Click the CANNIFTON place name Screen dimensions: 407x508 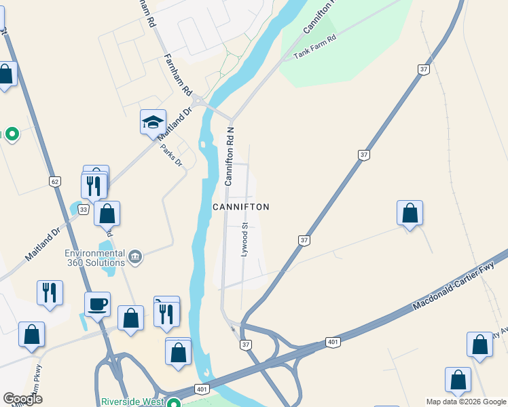(x=241, y=207)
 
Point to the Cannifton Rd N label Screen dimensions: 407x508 (x=230, y=155)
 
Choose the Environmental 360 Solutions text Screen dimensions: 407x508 (x=95, y=258)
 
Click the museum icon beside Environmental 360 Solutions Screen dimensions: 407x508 (x=135, y=256)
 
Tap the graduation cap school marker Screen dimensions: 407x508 (x=153, y=122)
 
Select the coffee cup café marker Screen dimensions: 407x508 (x=97, y=304)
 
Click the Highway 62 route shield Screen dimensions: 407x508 (x=55, y=181)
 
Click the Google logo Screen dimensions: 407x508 (x=22, y=399)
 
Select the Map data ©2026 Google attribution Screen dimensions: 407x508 (x=466, y=402)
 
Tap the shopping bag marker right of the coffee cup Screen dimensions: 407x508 (x=130, y=318)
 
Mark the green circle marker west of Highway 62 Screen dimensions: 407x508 (x=12, y=134)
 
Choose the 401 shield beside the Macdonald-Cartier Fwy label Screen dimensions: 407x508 (x=332, y=342)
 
